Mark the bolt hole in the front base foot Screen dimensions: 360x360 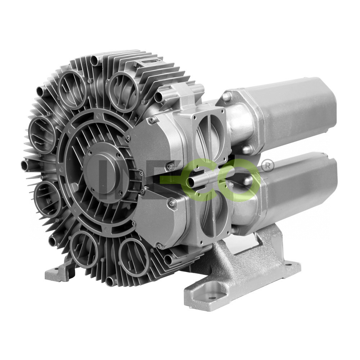tap(212, 298)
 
